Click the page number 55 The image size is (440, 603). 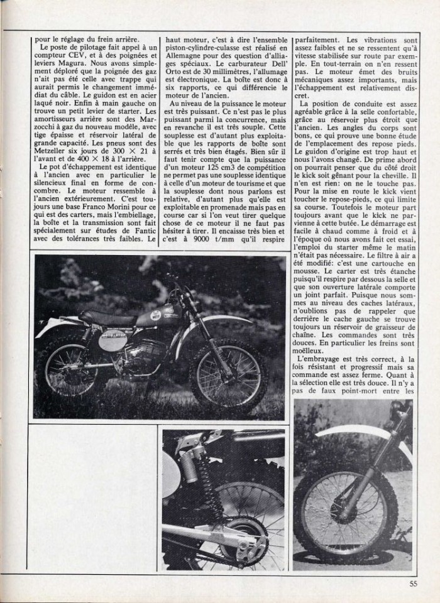pyautogui.click(x=412, y=583)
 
